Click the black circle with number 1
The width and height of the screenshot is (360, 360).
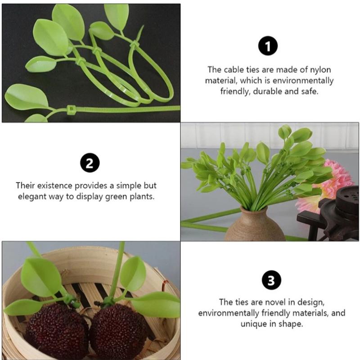(268, 46)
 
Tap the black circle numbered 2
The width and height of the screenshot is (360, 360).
(90, 163)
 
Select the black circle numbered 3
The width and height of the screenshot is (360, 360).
(271, 280)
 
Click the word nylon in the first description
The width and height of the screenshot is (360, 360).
(320, 70)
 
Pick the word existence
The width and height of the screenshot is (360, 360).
(54, 185)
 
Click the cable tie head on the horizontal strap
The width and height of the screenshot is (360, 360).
(71, 109)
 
